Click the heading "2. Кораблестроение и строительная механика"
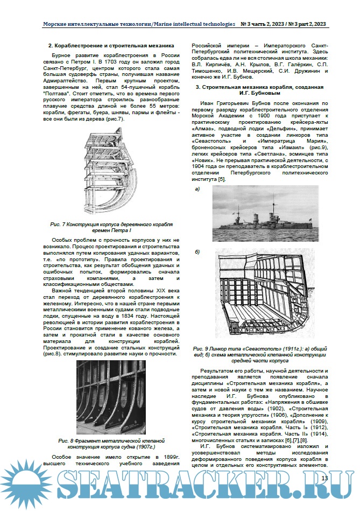[x=111, y=46]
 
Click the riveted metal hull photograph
[x=111, y=398]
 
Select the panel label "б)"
[x=197, y=252]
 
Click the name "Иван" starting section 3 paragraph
[x=208, y=102]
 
